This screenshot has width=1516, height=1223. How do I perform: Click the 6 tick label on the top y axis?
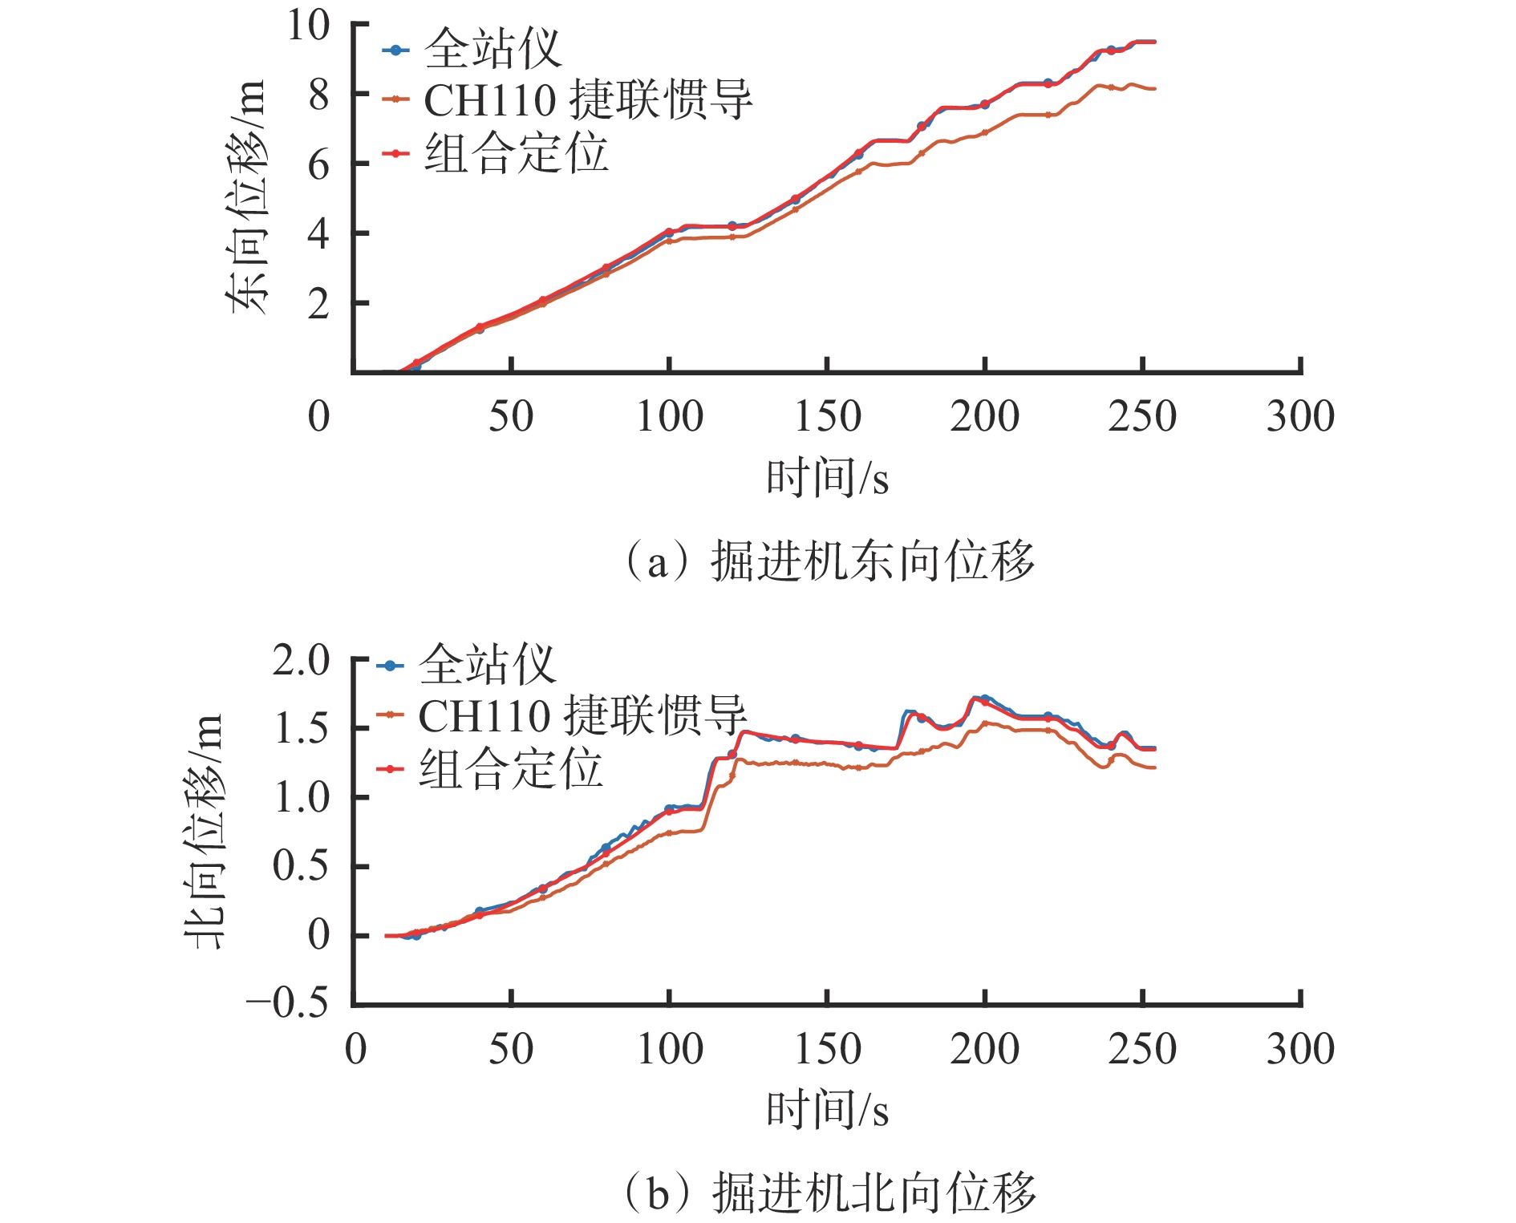coord(318,164)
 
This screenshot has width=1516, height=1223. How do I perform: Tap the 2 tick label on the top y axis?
coord(318,304)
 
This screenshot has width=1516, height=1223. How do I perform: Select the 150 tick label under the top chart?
coord(827,417)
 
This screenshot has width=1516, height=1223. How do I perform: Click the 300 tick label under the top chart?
coord(1300,417)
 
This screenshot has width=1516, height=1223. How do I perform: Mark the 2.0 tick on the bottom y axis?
coord(301,661)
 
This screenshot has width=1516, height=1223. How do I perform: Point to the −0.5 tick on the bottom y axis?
coord(288,1003)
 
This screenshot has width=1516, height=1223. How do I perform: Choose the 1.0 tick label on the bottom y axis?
coord(301,798)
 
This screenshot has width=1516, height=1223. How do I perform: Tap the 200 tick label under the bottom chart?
coord(984,1049)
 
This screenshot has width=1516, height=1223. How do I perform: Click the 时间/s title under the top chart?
coord(827,478)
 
